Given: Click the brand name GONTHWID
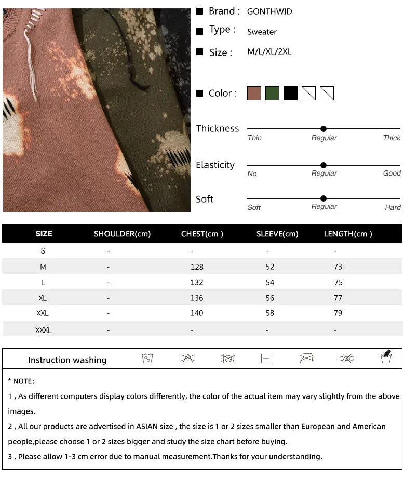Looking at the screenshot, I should point(269,11).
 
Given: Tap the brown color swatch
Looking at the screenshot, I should point(254,94).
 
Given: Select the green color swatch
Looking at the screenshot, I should point(272,94).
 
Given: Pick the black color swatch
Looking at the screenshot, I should point(290,94).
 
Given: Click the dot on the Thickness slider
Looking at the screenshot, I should point(323,129).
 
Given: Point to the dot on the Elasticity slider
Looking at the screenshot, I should point(323,165).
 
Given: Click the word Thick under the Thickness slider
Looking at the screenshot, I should point(392,138).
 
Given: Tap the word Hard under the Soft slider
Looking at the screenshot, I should point(393,207).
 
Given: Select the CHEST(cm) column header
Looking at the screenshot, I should point(202,234).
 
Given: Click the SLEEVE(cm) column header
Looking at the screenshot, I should point(277,234).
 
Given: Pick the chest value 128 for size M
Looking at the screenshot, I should point(197,267).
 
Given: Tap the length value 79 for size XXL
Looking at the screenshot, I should point(338,313).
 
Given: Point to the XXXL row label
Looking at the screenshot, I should point(44,330).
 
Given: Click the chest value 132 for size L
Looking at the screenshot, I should point(197,283).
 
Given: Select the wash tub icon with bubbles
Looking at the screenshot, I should point(147,358).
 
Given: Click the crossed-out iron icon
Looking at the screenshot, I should point(306,358).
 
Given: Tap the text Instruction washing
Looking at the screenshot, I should point(67,360).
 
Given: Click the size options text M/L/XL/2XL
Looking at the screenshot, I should point(269,52).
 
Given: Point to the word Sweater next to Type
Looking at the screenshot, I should point(262,32).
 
